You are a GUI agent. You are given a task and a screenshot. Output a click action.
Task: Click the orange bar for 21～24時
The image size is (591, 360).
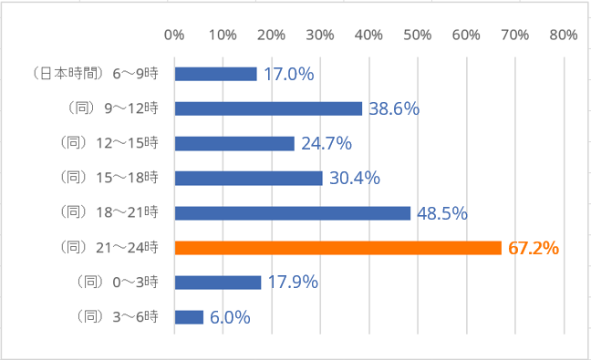(x=337, y=248)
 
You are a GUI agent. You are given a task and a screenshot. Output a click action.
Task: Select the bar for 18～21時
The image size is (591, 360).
(x=292, y=213)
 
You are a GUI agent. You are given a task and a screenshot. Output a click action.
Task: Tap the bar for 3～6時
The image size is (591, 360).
(x=189, y=317)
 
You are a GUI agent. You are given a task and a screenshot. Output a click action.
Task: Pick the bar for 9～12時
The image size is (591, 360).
(x=268, y=108)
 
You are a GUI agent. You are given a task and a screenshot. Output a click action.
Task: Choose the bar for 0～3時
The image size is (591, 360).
(x=217, y=283)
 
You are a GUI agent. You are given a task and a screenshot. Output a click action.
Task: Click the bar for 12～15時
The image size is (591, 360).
(x=234, y=143)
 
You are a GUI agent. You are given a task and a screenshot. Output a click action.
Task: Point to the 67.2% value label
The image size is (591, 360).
(x=532, y=248)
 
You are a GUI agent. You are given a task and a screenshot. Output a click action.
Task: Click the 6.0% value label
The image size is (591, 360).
(x=229, y=317)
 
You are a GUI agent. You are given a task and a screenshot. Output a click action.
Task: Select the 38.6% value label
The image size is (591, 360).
(x=394, y=108)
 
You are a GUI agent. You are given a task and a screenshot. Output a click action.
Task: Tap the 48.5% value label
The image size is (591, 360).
(x=442, y=213)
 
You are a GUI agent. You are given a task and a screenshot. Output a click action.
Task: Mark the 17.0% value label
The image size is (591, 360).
(x=288, y=74)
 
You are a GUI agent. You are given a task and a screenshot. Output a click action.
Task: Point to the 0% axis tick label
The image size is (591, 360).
(x=174, y=35)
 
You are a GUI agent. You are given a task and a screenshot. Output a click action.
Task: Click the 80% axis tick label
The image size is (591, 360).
(x=564, y=35)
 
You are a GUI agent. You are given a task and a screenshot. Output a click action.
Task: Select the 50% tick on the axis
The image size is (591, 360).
(x=418, y=35)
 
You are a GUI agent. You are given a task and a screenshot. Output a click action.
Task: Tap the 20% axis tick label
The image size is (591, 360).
(x=272, y=35)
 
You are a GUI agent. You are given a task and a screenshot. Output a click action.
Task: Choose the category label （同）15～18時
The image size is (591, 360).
(x=113, y=178)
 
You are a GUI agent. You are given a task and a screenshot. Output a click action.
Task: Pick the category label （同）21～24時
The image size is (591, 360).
(x=113, y=248)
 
